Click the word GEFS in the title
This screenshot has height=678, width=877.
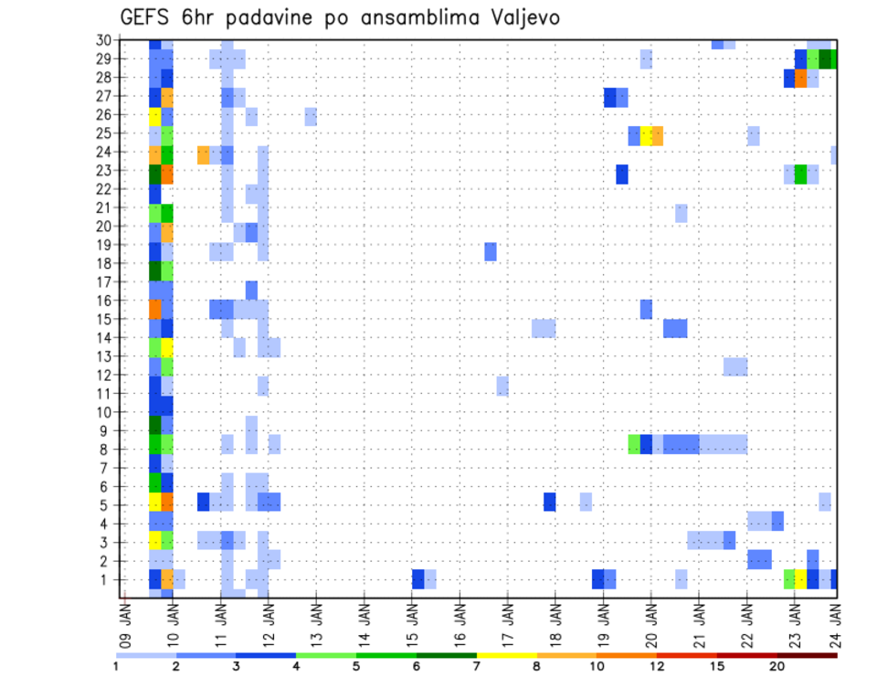[x=148, y=17]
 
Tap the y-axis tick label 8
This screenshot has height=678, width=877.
[x=107, y=449]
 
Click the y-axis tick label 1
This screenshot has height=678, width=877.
[x=107, y=579]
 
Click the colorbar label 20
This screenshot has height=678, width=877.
[x=777, y=666]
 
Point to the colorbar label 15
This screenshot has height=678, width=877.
[x=716, y=666]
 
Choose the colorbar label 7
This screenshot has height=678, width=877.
[x=477, y=666]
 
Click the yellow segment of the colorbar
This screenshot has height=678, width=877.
[x=507, y=655]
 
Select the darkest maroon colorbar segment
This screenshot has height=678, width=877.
[x=807, y=655]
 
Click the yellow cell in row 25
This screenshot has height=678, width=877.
[x=646, y=135]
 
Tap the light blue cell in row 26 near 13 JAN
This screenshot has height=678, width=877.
[x=311, y=116]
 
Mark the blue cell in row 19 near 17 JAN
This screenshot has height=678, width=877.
[x=491, y=251]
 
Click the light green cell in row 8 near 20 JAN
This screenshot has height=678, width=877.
[x=634, y=444]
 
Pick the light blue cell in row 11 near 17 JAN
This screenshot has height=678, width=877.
[x=502, y=386]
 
